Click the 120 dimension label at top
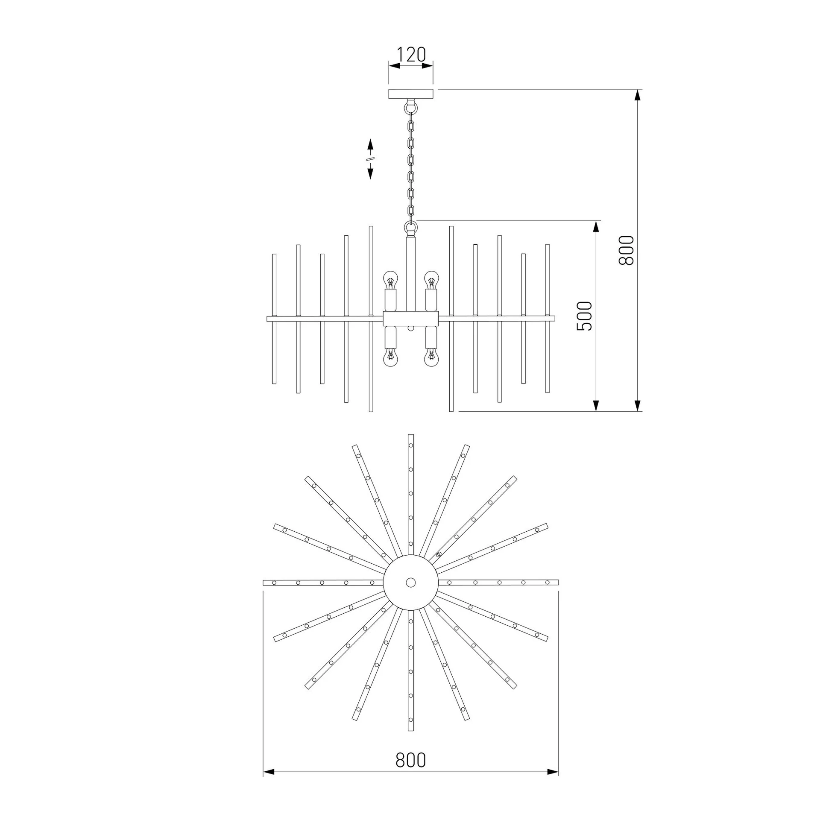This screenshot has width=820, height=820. click(411, 55)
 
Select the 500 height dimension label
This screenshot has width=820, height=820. click(584, 316)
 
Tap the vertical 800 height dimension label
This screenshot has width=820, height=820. click(627, 250)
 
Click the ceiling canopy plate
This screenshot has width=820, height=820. click(410, 94)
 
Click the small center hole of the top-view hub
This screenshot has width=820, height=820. click(410, 582)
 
